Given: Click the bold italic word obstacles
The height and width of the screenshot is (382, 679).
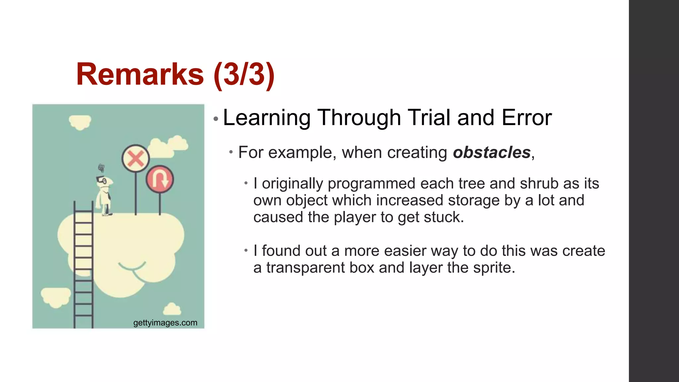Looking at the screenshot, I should [492, 153].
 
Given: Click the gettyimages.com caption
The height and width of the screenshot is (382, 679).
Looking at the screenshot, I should [165, 323].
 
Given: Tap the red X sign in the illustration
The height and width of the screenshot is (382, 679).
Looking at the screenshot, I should [136, 159].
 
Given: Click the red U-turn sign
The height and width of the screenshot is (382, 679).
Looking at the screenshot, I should [160, 179].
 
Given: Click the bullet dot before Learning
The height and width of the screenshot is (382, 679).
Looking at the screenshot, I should [216, 119].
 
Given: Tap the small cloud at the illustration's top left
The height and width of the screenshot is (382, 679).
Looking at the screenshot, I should [80, 122].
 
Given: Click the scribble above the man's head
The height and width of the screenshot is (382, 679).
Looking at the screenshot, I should [101, 168].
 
